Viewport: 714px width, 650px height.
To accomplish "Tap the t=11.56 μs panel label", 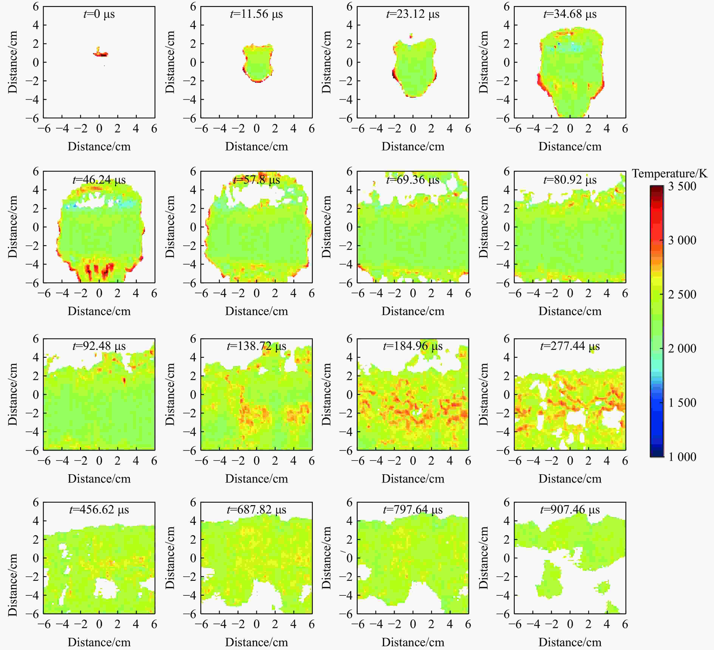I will coord(257,14).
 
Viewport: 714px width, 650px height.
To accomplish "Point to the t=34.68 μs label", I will coord(570,14).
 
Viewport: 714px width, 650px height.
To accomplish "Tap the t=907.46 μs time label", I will coord(570,509).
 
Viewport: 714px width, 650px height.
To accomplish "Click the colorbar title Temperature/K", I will coord(669,174).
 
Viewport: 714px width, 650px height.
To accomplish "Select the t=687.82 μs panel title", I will coord(257,509).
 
